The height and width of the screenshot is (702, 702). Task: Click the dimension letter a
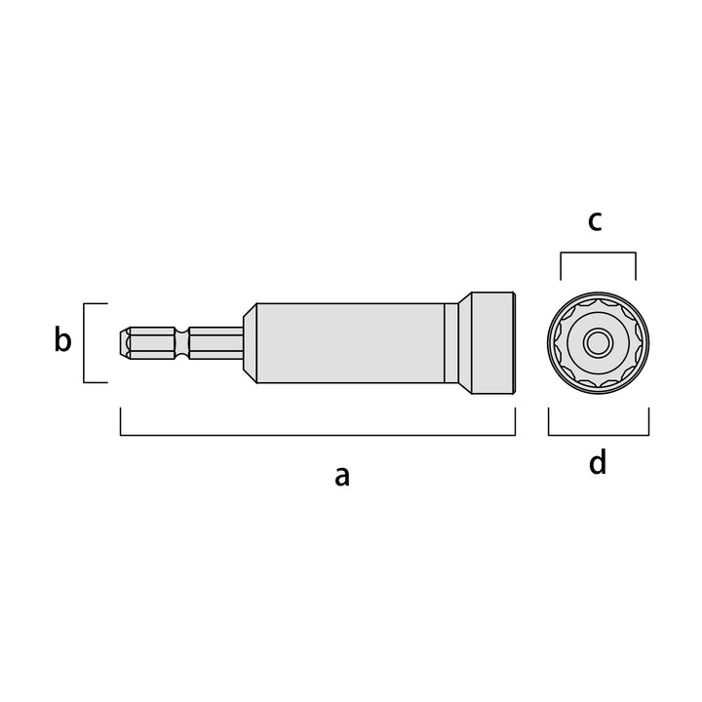(342, 477)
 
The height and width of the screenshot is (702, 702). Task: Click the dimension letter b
(62, 339)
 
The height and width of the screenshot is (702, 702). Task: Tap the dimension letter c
(595, 221)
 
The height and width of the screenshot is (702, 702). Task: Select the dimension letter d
(598, 461)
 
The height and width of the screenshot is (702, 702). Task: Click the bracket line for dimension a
(318, 434)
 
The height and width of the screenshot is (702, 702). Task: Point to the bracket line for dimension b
(84, 343)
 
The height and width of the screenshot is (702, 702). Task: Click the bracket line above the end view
(598, 253)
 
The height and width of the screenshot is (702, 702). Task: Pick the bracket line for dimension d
(599, 434)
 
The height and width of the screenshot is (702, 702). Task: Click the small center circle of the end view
(598, 343)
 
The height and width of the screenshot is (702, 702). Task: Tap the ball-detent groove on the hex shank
(181, 343)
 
